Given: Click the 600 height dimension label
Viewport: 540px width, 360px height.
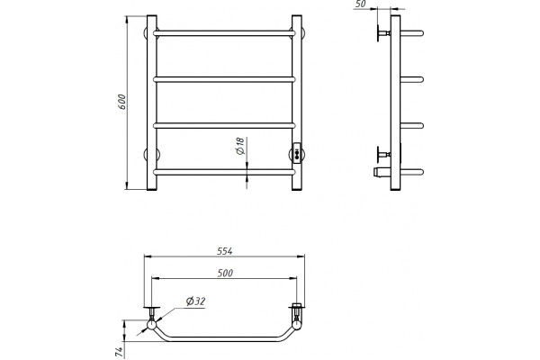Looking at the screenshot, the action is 121,102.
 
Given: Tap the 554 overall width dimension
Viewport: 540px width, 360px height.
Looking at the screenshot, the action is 224,251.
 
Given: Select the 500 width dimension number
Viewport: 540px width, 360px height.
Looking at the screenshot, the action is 225,274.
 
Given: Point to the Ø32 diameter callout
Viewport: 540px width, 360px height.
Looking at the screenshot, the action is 195,301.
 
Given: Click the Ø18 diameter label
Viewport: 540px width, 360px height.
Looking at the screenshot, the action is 240,146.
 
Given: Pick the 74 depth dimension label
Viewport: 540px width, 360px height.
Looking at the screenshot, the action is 119,352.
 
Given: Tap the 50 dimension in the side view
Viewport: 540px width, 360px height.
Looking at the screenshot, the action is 360,4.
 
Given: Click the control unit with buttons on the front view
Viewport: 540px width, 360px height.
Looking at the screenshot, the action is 296,152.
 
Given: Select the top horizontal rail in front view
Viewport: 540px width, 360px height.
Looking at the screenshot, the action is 224,33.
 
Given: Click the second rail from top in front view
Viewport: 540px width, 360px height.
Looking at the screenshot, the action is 224,79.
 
